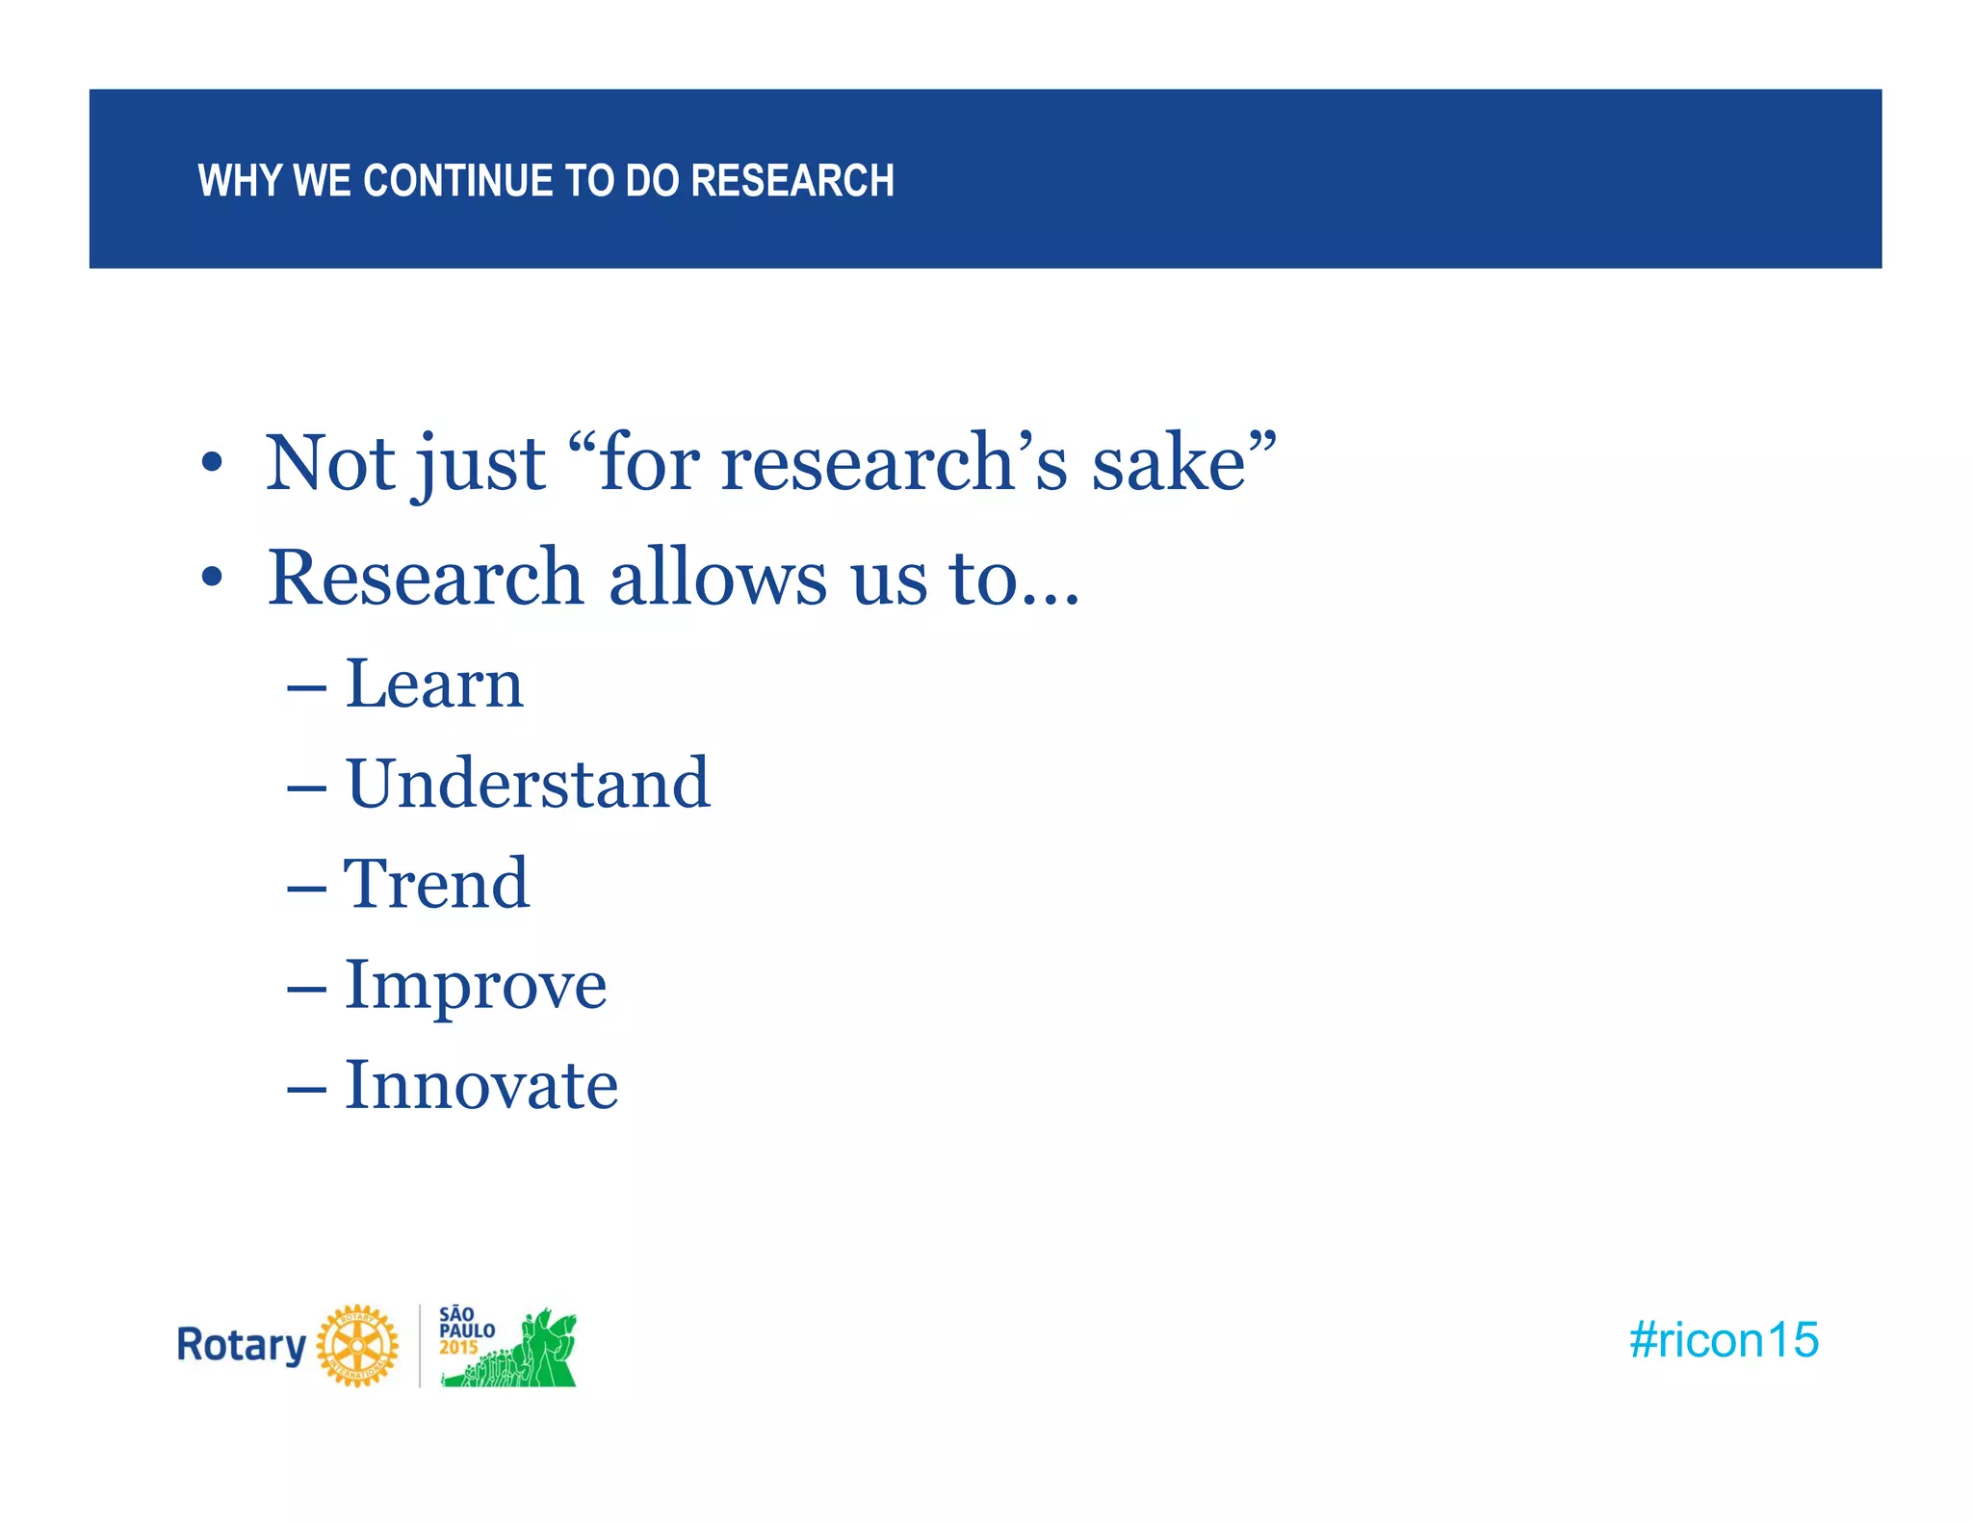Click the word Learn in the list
tap(434, 684)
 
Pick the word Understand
tap(528, 784)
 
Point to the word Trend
tap(436, 884)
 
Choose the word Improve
tap(476, 986)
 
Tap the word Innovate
tap(481, 1086)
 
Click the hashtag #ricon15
tap(1723, 1340)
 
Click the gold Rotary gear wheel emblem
tap(357, 1346)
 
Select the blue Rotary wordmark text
tap(241, 1346)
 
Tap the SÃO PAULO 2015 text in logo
tap(466, 1330)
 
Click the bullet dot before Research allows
tap(212, 578)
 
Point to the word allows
tap(717, 578)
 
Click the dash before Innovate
tap(306, 1089)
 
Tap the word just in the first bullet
tap(479, 465)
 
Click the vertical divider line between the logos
tap(420, 1346)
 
